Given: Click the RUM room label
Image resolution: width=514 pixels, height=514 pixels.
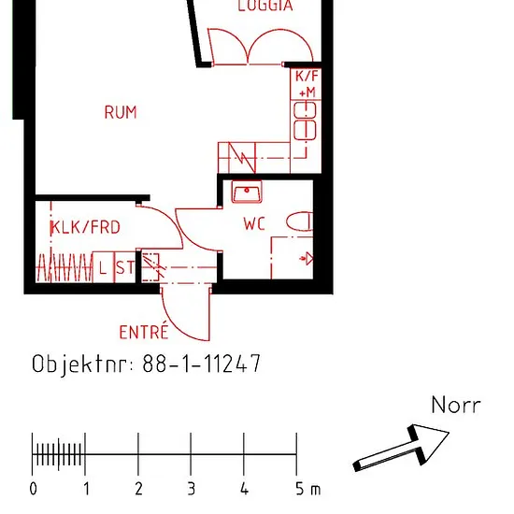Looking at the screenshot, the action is pyautogui.click(x=121, y=112).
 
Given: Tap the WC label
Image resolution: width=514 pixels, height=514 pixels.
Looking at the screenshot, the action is pyautogui.click(x=254, y=224).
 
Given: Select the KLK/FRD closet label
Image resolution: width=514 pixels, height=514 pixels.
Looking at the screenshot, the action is pyautogui.click(x=86, y=227).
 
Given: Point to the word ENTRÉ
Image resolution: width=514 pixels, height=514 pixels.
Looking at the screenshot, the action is pyautogui.click(x=144, y=332).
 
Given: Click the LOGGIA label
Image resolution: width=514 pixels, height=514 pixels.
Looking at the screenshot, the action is pyautogui.click(x=265, y=6).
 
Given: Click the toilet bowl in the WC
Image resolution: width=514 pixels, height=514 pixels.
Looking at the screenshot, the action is pyautogui.click(x=300, y=221).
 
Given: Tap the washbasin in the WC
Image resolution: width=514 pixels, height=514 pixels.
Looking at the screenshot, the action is pyautogui.click(x=247, y=192).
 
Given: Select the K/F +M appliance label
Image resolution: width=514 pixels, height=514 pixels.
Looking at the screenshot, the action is pyautogui.click(x=307, y=84).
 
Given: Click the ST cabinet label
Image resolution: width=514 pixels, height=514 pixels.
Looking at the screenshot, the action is pyautogui.click(x=125, y=268).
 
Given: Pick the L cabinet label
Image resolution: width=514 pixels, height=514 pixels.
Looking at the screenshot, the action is pyautogui.click(x=103, y=268).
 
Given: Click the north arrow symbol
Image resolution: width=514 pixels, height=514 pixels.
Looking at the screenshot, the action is pyautogui.click(x=401, y=448).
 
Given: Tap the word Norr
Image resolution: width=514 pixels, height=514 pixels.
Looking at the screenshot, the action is pyautogui.click(x=456, y=405).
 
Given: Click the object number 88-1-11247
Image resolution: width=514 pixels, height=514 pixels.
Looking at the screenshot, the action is pyautogui.click(x=202, y=364).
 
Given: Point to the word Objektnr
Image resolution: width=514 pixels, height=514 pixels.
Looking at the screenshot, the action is pyautogui.click(x=83, y=364).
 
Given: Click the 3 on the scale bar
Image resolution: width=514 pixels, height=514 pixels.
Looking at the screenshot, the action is pyautogui.click(x=192, y=489).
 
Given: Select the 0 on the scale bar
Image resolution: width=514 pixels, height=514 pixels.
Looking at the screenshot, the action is pyautogui.click(x=33, y=489).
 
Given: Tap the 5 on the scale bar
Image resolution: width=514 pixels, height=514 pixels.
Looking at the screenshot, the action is pyautogui.click(x=300, y=489).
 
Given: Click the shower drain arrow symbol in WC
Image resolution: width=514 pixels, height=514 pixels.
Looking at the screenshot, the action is pyautogui.click(x=307, y=259).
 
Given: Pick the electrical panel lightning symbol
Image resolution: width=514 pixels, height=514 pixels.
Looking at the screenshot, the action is pyautogui.click(x=242, y=158).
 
